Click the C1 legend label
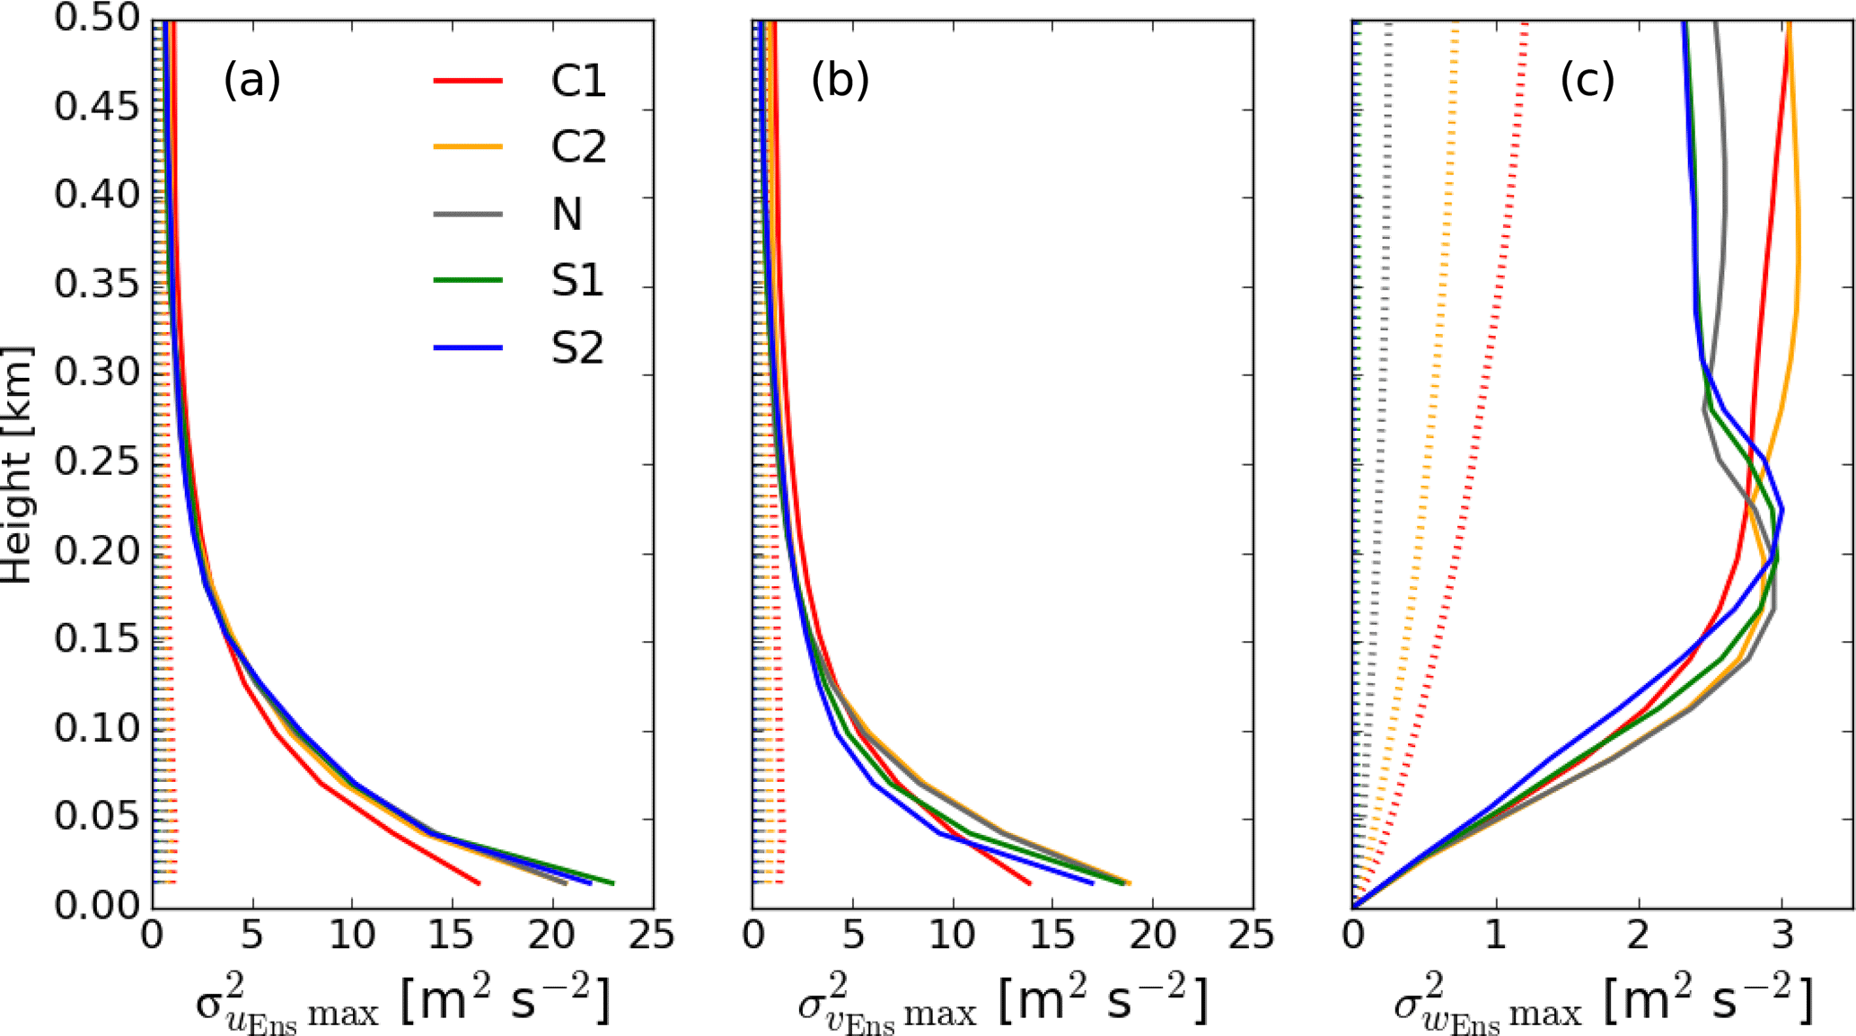578,81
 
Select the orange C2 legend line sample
468,146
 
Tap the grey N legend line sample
468,214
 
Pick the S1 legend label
577,281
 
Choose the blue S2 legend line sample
468,347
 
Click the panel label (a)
252,80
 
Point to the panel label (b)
840,80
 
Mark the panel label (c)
1588,80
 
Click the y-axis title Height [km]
18,464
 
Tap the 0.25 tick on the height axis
98,462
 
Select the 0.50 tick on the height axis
98,18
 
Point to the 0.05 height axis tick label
98,817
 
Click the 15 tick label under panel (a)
452,936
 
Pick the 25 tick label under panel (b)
1252,936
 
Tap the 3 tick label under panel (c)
1782,936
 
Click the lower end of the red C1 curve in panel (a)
479,883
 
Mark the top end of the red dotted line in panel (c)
1526,24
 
